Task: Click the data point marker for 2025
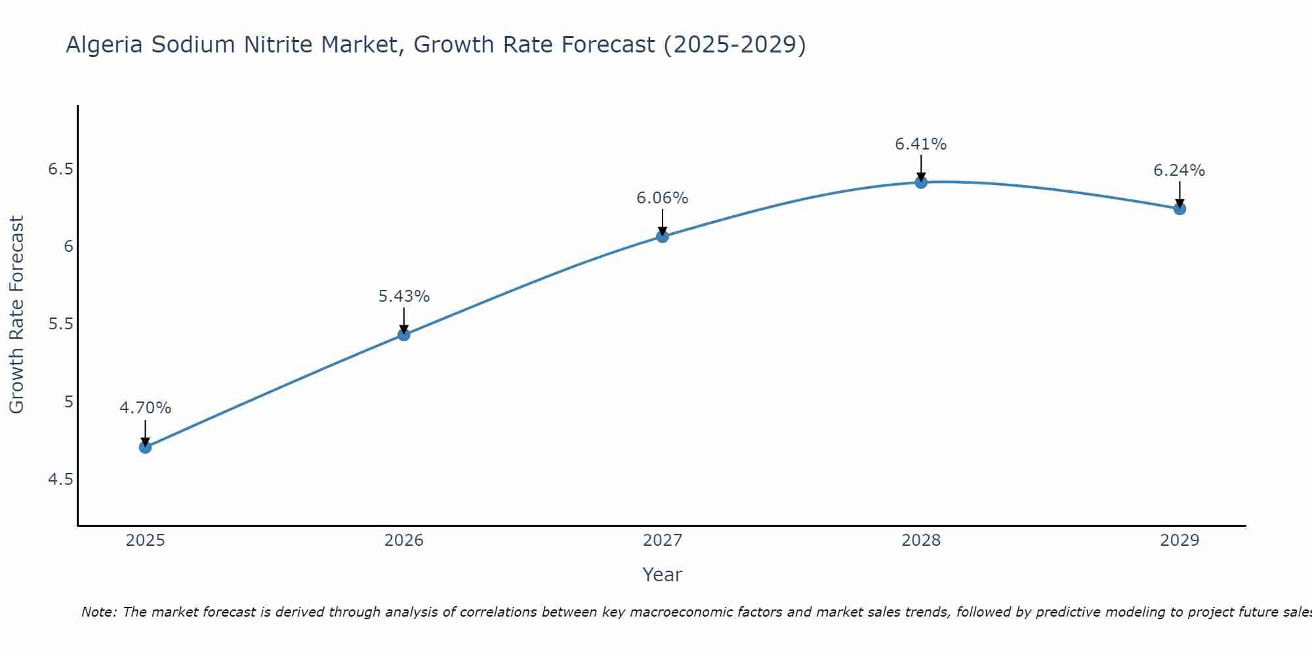coord(145,447)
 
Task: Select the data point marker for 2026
coord(403,335)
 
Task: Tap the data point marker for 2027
coord(663,236)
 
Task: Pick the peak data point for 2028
coord(921,182)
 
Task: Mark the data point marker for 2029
coord(1179,209)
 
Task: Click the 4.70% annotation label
coord(145,408)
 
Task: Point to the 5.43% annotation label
coord(403,297)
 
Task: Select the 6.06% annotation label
coord(663,198)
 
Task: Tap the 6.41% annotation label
coord(921,144)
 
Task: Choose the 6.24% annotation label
coord(1179,171)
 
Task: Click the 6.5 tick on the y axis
coord(60,169)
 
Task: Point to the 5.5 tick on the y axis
coord(60,324)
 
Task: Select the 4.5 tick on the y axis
coord(60,480)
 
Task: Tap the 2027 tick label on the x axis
coord(663,541)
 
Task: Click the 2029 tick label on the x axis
coord(1179,541)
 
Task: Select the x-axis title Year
coord(663,575)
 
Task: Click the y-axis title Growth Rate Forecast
coord(17,315)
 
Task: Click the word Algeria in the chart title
coord(104,45)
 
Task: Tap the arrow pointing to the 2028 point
coord(921,168)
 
